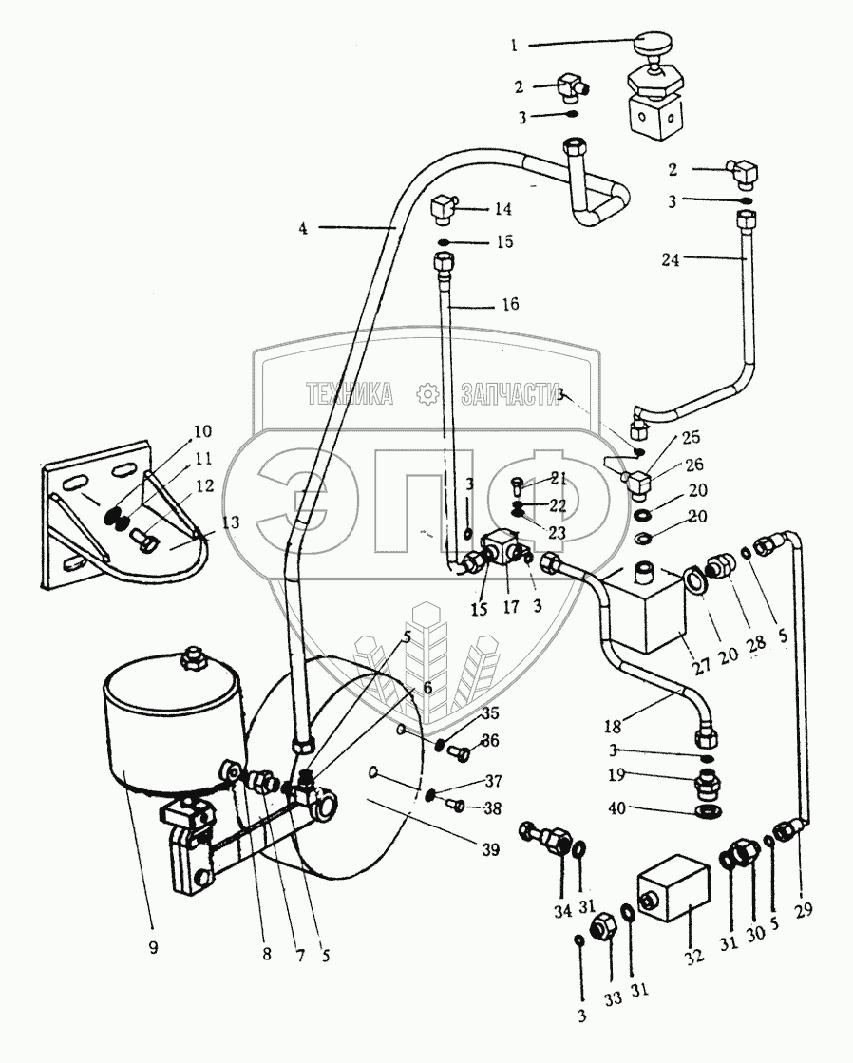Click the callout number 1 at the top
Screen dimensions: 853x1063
click(x=514, y=46)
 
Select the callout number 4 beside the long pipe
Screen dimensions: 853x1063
click(x=303, y=228)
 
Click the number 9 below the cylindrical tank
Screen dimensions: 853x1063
click(x=153, y=947)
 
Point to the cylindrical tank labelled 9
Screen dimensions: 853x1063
click(x=172, y=720)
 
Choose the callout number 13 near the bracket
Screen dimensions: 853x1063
click(x=231, y=522)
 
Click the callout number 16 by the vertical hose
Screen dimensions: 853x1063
click(x=511, y=304)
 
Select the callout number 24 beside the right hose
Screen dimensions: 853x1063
click(x=670, y=259)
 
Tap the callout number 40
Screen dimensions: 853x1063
click(x=617, y=808)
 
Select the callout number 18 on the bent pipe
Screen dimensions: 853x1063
click(x=613, y=727)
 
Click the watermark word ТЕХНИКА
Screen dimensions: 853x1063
click(x=350, y=394)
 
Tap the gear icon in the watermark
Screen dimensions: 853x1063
click(x=427, y=394)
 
